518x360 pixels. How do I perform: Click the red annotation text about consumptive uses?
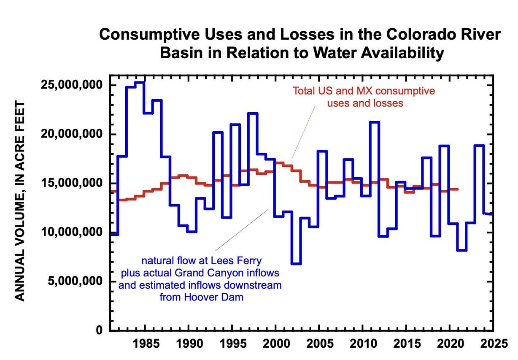pos(364,97)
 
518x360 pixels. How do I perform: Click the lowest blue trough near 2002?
pos(296,264)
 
